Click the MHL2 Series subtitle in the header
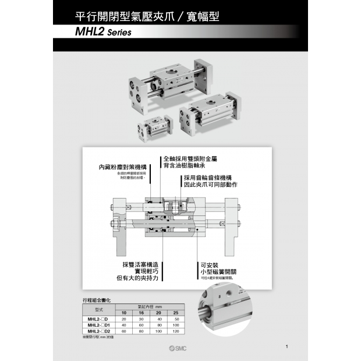point(98,33)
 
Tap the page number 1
point(287,347)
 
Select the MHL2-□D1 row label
point(98,325)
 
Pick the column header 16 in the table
point(140,314)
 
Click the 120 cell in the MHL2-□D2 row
point(176,331)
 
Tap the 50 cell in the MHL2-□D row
point(176,320)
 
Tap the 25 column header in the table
point(176,314)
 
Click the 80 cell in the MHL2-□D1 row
point(158,325)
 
